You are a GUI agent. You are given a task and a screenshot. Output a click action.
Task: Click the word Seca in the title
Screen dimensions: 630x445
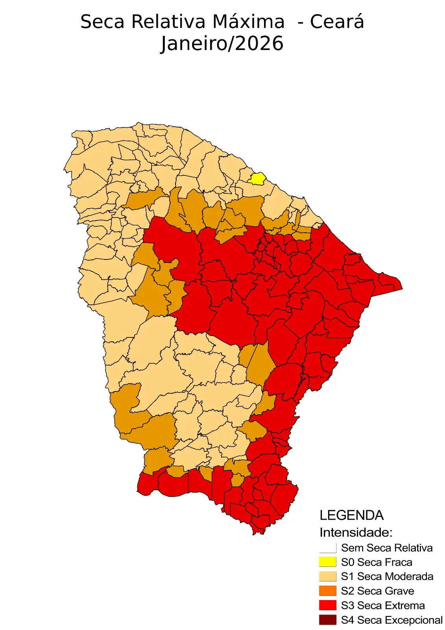[x=103, y=22]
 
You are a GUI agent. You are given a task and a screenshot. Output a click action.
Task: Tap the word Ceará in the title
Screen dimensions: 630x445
[x=337, y=22]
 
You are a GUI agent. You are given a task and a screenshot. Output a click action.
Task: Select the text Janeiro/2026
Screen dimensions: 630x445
[x=222, y=44]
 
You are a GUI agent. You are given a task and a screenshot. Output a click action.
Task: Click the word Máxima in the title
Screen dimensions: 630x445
[x=248, y=22]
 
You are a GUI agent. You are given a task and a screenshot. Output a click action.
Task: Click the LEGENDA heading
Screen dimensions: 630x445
[x=351, y=515]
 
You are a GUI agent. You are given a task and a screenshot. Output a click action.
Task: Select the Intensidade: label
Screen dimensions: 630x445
[x=356, y=532]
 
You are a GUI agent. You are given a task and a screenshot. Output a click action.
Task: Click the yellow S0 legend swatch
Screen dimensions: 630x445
[x=328, y=562]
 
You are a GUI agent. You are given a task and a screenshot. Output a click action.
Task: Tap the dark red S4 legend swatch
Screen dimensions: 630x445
[x=328, y=620]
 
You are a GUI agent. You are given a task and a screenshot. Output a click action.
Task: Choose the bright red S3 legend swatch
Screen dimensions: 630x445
[x=328, y=605]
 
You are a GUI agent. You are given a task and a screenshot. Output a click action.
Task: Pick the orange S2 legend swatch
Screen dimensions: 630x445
[x=328, y=591]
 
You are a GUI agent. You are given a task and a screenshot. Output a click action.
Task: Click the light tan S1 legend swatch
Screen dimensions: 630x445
[x=328, y=576]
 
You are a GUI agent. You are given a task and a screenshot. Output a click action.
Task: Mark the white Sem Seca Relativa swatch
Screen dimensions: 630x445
[x=328, y=548]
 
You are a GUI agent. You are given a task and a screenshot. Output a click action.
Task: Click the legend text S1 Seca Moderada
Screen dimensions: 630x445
[x=387, y=576]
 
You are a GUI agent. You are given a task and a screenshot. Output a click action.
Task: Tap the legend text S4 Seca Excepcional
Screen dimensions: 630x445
[x=391, y=620]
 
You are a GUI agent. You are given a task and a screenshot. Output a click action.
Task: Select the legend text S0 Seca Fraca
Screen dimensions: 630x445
[x=377, y=562]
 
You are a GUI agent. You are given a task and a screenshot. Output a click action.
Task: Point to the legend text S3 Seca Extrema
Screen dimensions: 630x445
[x=383, y=605]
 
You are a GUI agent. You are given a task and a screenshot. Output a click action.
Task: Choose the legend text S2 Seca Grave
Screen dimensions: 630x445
[x=377, y=591]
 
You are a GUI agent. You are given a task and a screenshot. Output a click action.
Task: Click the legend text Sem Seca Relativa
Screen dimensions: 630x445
[x=387, y=548]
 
